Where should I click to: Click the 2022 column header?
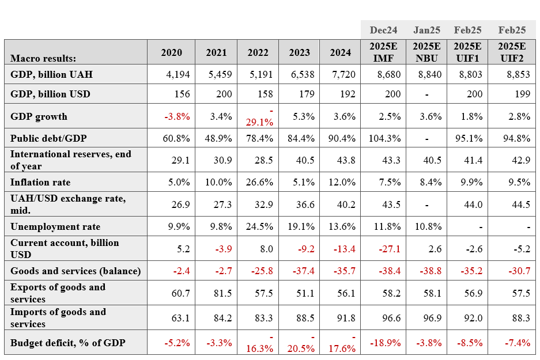pos(258,52)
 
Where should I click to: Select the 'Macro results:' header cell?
pos(43,58)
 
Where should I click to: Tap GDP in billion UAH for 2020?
pos(178,74)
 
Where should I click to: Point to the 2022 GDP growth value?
pos(259,117)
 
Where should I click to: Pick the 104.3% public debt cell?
pos(384,138)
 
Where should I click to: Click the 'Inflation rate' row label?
pos(40,182)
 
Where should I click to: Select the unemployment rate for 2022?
pos(259,226)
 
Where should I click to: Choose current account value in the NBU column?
pos(435,249)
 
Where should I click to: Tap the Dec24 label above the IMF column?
pos(383,30)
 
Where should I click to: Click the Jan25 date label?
pos(426,30)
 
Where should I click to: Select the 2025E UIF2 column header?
pos(512,52)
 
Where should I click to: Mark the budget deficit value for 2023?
pos(301,343)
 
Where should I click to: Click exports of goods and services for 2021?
pos(222,293)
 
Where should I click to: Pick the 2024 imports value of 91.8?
pos(346,318)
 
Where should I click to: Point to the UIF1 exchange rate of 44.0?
pos(473,204)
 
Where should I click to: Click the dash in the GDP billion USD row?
pos(426,94)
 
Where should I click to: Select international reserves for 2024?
pos(346,160)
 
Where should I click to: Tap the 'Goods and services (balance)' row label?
pos(75,271)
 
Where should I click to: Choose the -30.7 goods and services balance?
pos(519,271)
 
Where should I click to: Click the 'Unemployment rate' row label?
pos(55,226)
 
